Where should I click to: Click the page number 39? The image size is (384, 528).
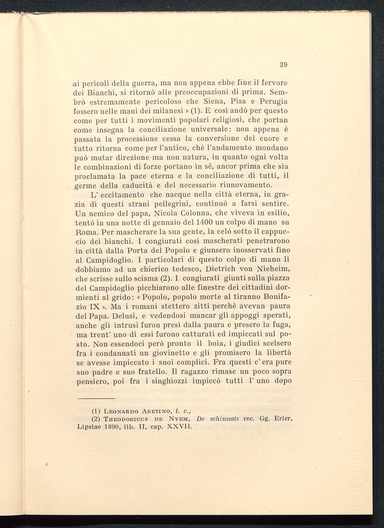(x=284, y=65)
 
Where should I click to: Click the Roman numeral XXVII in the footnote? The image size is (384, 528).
(x=177, y=427)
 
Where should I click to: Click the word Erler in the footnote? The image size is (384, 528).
(x=283, y=419)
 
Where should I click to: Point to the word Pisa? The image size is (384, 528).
(x=240, y=102)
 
